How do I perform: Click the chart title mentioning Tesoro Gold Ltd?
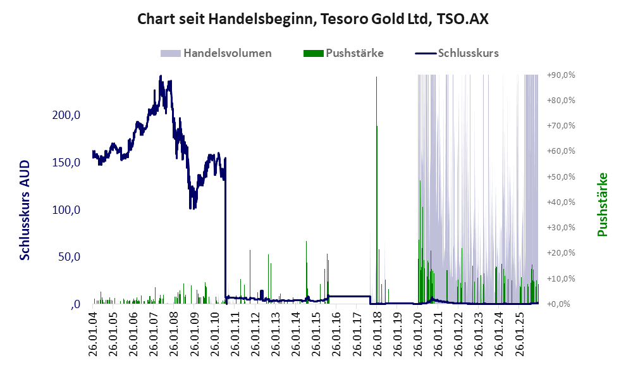tap(313, 19)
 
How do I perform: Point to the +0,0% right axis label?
tap(562, 304)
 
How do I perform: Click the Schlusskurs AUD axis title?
tap(25, 209)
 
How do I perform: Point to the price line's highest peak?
tap(161, 77)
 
